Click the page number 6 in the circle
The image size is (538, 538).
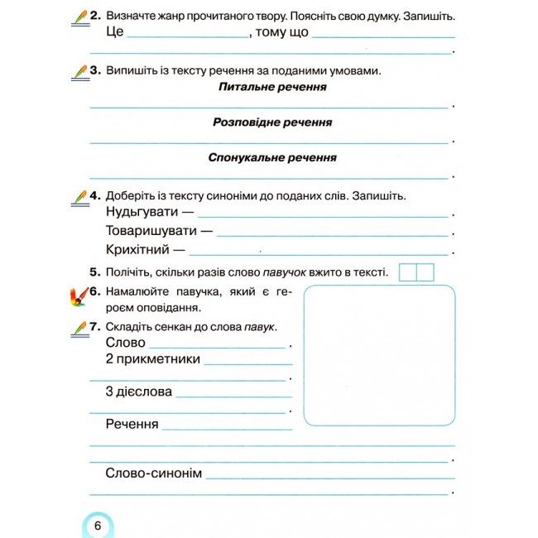pos(97,526)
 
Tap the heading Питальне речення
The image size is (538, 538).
pos(272,87)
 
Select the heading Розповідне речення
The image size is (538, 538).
pos(272,122)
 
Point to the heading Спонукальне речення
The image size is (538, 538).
pos(272,157)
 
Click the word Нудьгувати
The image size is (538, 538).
pos(144,213)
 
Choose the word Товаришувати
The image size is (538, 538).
pos(151,231)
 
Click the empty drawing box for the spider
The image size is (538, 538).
pos(379,355)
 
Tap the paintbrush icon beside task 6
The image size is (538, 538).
pos(77,295)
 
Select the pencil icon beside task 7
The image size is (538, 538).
pos(79,328)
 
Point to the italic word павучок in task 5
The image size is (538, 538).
pos(286,272)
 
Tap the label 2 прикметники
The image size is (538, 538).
pos(153,359)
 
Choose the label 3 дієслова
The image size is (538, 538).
pos(139,391)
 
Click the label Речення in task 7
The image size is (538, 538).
pos(132,425)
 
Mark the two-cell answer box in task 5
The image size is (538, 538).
pos(416,272)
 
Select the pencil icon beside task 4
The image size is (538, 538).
pos(79,196)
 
